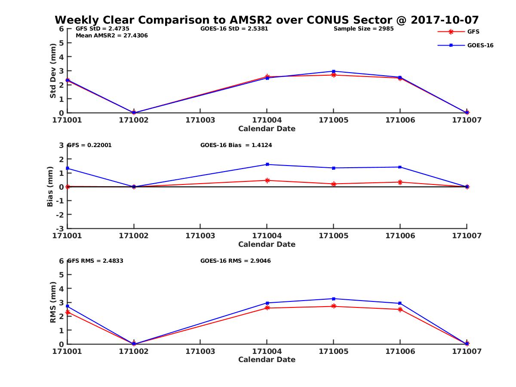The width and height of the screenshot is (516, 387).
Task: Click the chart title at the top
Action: pos(267,20)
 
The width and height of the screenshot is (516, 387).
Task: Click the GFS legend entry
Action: pos(473,31)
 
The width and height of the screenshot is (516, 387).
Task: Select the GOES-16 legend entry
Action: pos(480,45)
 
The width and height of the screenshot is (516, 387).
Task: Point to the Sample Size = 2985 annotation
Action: pos(363,29)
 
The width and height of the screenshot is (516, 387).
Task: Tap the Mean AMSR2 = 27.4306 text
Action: pos(112,35)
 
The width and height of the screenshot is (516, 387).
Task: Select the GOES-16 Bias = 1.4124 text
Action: pos(236,145)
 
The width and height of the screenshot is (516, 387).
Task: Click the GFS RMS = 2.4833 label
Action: pos(95,261)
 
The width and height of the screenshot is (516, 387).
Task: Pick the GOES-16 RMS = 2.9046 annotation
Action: pos(235,261)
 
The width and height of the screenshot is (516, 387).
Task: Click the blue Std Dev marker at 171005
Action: pos(334,71)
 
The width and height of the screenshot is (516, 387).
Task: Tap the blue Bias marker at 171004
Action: pos(267,164)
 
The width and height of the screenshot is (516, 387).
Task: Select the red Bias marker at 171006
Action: pos(400,182)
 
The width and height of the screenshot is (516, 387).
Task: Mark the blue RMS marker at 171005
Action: pos(334,298)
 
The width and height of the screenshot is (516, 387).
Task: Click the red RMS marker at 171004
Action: pos(267,308)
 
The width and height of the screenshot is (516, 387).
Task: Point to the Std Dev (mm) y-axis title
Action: pos(53,71)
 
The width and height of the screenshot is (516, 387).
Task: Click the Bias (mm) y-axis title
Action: pos(50,187)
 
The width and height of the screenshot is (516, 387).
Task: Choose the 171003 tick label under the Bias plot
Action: pos(200,236)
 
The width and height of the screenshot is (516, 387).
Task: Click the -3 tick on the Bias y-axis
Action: pos(61,228)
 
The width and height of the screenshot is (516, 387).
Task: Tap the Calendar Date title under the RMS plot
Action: pos(267,359)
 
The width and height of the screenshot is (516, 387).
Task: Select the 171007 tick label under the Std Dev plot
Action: pos(467,120)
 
